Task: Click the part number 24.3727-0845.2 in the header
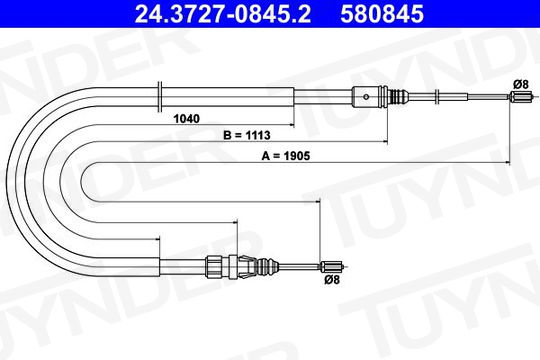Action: [223, 14]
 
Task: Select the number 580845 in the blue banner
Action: [382, 14]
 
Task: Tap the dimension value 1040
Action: [186, 119]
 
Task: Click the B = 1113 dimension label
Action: [247, 135]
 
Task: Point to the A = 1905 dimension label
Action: [286, 156]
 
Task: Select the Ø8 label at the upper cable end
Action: [520, 84]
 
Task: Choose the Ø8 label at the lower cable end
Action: [332, 279]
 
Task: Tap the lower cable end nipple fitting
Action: [333, 266]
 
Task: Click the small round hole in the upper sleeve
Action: [366, 97]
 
